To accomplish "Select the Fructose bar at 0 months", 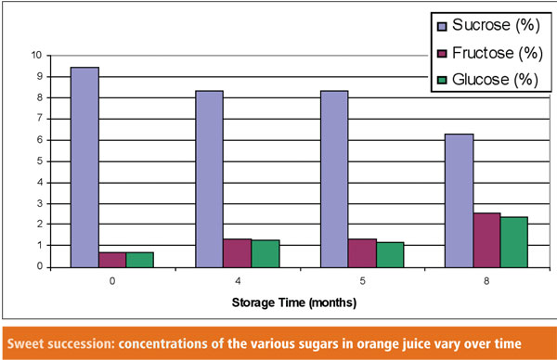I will coord(112,259).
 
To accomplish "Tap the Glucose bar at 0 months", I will coord(140,259).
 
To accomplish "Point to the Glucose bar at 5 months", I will coord(390,254).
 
